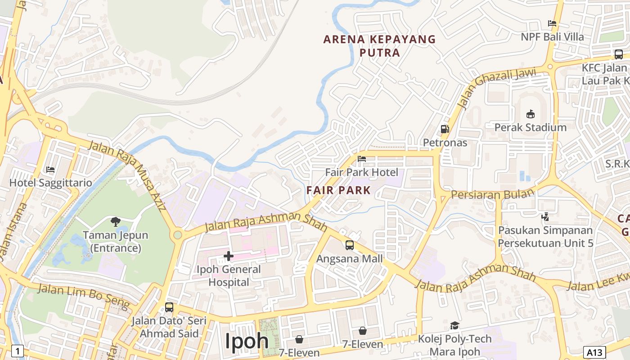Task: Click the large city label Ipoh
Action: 247,341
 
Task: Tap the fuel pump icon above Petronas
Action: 445,129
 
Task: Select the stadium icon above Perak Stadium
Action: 530,114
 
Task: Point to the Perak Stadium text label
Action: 530,127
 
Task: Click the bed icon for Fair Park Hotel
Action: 361,158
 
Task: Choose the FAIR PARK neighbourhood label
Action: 338,190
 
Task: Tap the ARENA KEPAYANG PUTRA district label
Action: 380,46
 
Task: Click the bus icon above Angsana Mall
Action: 350,245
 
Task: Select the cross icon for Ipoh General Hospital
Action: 228,256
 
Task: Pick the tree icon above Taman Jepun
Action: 115,221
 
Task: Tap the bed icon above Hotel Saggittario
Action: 50,170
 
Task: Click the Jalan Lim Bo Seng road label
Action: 83,294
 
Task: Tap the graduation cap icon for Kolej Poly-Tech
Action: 454,325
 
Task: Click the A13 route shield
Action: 594,351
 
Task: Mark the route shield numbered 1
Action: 17,351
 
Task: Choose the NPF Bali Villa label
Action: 552,36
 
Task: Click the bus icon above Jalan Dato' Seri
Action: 169,307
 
